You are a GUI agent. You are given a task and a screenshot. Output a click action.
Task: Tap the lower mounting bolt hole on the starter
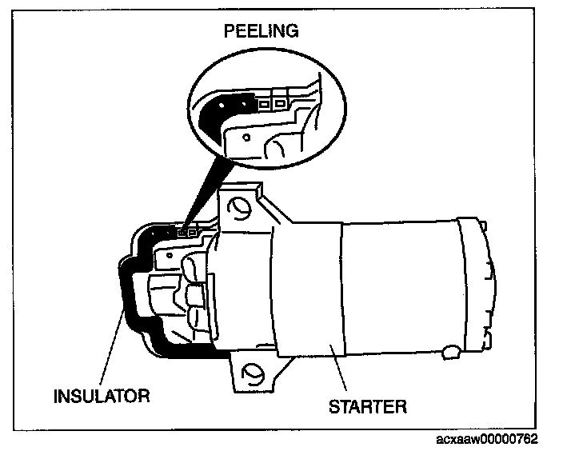pos(253,373)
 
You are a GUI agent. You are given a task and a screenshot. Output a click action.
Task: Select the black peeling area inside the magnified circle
pos(214,111)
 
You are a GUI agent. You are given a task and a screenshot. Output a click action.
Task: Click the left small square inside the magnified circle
pos(264,104)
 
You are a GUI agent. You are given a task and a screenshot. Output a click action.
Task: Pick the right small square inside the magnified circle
pos(279,102)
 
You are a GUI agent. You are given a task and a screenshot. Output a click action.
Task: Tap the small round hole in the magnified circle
pos(246,138)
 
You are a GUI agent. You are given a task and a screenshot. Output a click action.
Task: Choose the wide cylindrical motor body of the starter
pos(400,288)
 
